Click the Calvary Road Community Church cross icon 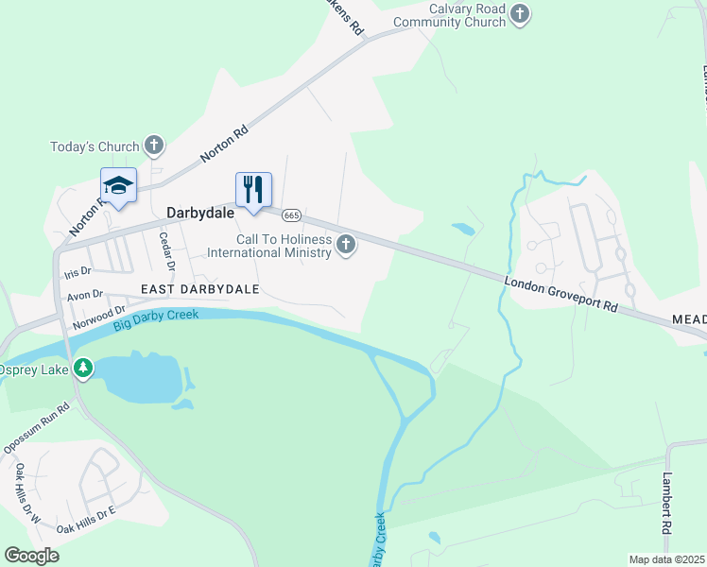[x=521, y=13]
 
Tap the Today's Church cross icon [x=155, y=146]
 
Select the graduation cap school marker [x=118, y=186]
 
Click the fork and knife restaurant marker [x=252, y=190]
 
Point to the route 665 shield [x=291, y=215]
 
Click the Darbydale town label [x=199, y=214]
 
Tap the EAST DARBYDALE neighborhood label [x=199, y=288]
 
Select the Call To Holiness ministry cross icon [x=347, y=246]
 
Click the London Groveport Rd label [x=560, y=295]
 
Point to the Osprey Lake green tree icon [x=84, y=369]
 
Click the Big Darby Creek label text [x=156, y=319]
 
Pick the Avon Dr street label [x=84, y=295]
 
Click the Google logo [x=32, y=556]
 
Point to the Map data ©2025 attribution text [x=665, y=559]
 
